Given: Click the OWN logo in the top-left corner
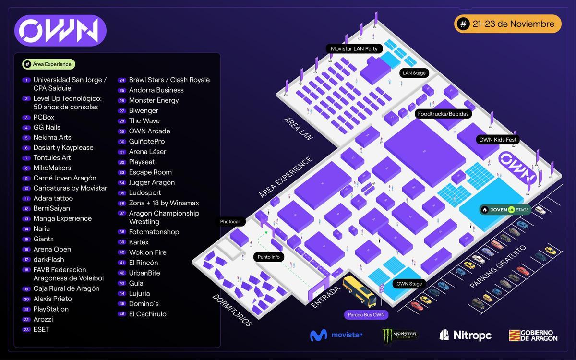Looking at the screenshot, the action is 60,31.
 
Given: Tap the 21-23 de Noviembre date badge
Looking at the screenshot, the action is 508,24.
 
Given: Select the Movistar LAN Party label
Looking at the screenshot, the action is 354,48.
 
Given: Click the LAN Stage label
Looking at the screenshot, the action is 414,73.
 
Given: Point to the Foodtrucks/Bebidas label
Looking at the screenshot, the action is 443,114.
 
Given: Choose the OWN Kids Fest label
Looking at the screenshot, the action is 498,140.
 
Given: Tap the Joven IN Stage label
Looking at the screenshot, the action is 505,210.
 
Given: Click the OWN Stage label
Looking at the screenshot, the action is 409,284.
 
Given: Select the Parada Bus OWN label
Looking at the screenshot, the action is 366,315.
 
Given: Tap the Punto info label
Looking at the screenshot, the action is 268,257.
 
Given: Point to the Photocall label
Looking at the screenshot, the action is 230,222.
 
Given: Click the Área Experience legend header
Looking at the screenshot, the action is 48,64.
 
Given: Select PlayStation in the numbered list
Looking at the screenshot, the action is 51,309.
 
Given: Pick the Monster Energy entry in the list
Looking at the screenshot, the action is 154,100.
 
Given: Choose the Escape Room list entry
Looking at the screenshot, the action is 150,172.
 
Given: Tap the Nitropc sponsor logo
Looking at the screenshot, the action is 465,335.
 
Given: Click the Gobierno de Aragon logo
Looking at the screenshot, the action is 533,335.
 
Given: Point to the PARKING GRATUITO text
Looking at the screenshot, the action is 498,267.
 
